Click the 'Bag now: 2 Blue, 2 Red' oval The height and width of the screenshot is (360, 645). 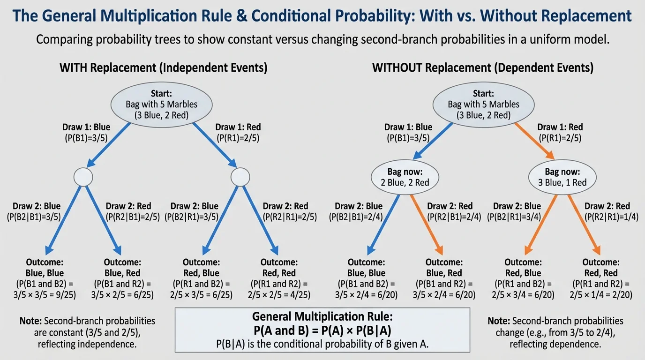tap(405, 177)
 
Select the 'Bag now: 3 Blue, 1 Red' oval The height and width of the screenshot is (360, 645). tap(562, 177)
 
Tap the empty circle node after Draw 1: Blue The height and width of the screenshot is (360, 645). tap(83, 177)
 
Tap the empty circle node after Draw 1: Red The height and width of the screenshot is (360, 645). tap(240, 177)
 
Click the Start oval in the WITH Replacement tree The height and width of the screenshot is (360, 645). tap(161, 104)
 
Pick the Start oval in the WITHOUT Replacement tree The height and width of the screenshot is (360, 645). tap(483, 104)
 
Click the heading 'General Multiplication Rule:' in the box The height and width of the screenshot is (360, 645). tap(322, 316)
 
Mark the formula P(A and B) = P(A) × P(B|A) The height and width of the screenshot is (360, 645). tap(322, 330)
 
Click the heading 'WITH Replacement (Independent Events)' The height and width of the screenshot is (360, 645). tap(164, 67)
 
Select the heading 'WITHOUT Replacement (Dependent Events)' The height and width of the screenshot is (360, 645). tap(482, 67)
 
